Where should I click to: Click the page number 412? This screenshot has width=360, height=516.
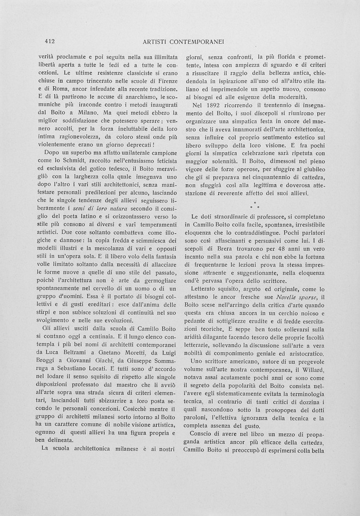(50, 41)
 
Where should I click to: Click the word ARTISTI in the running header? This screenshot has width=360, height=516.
(157, 41)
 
